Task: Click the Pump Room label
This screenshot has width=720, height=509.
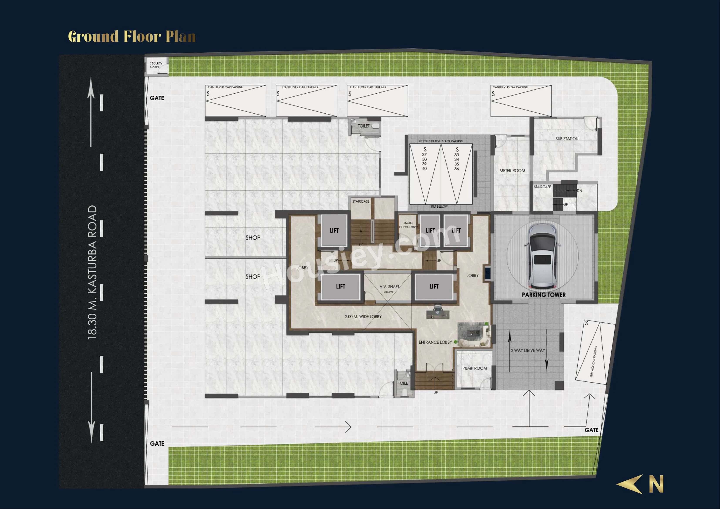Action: click(474, 368)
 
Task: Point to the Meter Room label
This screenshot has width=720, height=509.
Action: click(512, 171)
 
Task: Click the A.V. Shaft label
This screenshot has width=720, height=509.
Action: click(389, 287)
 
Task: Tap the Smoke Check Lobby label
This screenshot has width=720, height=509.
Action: click(408, 225)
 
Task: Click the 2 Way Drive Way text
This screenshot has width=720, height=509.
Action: click(528, 350)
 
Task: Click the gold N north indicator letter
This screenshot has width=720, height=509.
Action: click(656, 484)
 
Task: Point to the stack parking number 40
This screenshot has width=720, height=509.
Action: click(424, 169)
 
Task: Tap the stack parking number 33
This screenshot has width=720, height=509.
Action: click(457, 155)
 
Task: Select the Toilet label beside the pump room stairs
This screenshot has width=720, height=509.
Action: click(404, 383)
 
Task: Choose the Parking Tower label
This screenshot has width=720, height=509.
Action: click(544, 295)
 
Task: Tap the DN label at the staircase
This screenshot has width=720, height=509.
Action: click(579, 191)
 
